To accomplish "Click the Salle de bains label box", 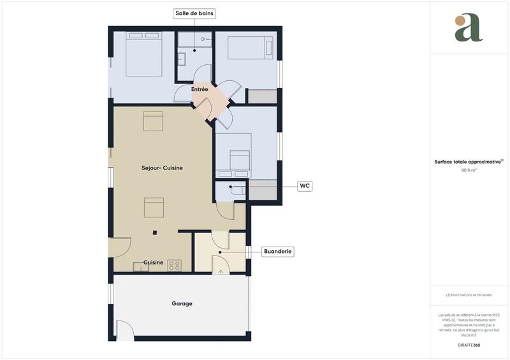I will click(194, 13).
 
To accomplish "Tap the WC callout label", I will click(305, 186).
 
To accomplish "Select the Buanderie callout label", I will click(278, 252).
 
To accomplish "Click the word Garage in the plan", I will click(182, 304).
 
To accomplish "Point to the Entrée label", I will click(200, 90).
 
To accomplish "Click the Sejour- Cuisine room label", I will click(162, 168).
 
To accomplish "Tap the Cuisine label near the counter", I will click(153, 263).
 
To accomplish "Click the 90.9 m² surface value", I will click(469, 171).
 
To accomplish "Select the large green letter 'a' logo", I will click(469, 28).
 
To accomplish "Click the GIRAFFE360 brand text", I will click(469, 345).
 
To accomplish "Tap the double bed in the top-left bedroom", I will click(143, 54).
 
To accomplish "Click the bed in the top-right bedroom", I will click(250, 48).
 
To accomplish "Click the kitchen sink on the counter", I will click(140, 266).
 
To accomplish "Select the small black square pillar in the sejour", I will click(154, 233).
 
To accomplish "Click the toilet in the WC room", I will click(236, 190).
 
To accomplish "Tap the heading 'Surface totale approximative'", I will click(469, 162).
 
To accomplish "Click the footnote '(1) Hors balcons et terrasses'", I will click(469, 295).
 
